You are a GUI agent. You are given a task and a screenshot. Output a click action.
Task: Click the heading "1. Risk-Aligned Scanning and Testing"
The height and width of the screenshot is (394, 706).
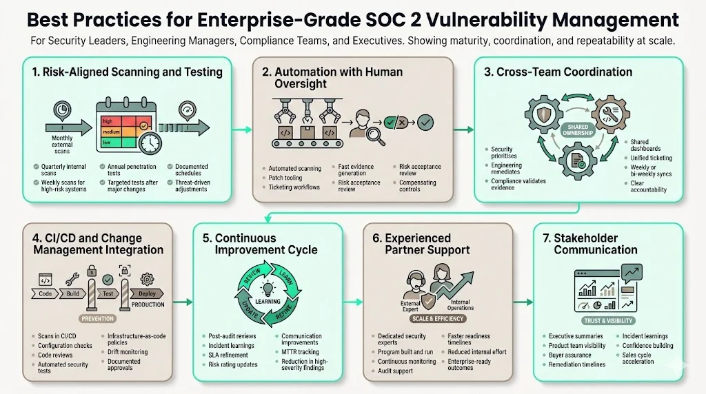click(127, 72)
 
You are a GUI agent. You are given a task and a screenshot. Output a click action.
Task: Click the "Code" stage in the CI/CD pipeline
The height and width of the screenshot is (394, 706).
click(46, 293)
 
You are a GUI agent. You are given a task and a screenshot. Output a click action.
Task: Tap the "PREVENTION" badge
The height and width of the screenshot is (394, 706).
click(97, 319)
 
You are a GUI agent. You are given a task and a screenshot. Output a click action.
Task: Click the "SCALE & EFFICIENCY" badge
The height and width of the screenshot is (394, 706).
click(438, 319)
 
